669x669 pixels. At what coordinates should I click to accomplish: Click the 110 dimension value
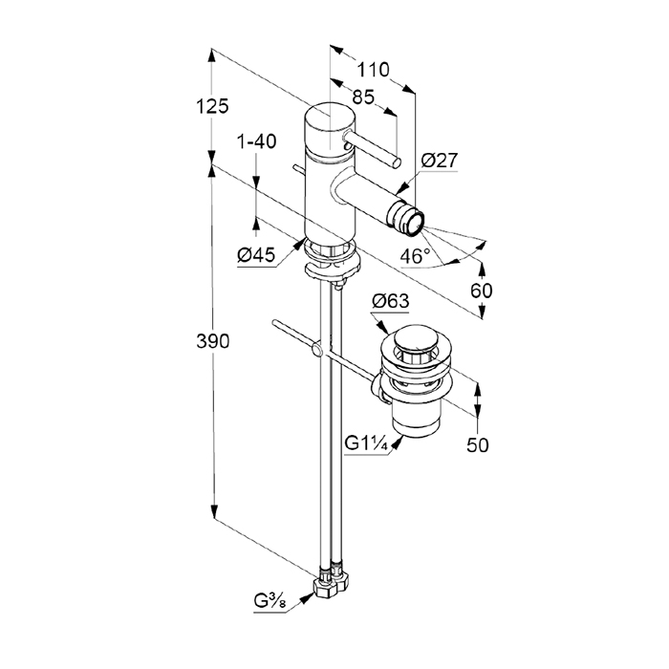click(374, 69)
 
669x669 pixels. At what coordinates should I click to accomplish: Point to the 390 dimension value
click(213, 342)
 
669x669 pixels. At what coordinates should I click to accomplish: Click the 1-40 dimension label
click(256, 141)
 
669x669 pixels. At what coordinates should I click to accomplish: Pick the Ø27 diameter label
click(440, 162)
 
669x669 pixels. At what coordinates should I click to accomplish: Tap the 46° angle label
click(415, 256)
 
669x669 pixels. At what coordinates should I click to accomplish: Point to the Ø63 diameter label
click(390, 301)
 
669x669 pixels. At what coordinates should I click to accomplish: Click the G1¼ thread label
click(365, 444)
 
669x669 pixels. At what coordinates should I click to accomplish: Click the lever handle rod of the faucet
click(373, 150)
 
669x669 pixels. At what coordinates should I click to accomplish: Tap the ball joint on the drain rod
click(314, 356)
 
